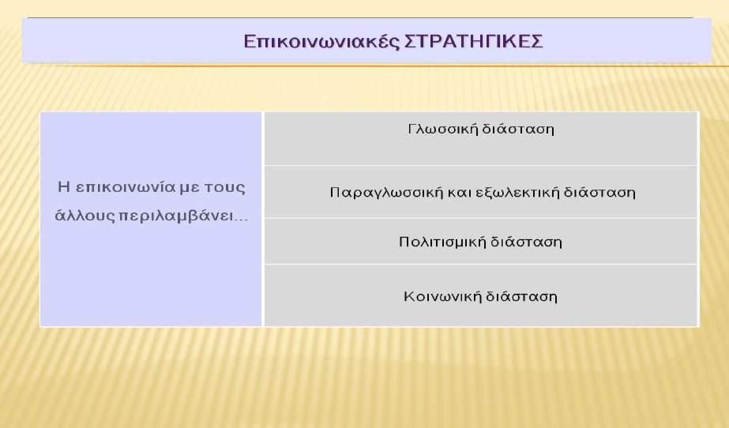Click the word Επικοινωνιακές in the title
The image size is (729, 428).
321,42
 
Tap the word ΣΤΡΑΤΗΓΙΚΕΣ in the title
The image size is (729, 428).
474,41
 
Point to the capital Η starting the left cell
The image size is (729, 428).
64,187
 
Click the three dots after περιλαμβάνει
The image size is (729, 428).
241,220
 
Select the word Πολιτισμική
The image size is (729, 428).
442,242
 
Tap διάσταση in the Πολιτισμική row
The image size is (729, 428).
526,242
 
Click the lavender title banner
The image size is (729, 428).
366,40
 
